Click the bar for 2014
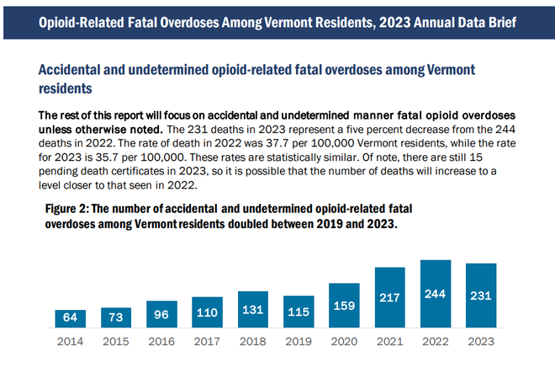click(x=71, y=318)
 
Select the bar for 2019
click(x=299, y=312)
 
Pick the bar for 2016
click(x=161, y=314)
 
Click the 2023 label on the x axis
click(x=481, y=342)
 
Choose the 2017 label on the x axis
click(x=208, y=342)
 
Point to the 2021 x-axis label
click(x=390, y=342)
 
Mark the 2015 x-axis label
click(x=116, y=342)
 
